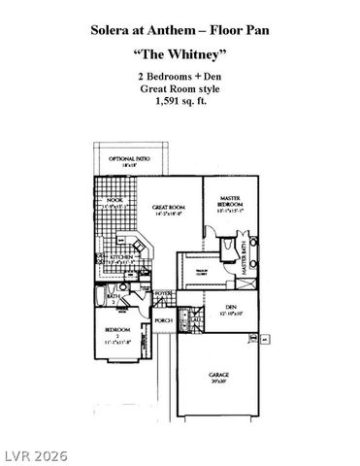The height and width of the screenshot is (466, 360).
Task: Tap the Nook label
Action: (115, 204)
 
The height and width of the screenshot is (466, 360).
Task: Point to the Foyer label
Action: (163, 293)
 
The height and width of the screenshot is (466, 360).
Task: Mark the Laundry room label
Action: (194, 321)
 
